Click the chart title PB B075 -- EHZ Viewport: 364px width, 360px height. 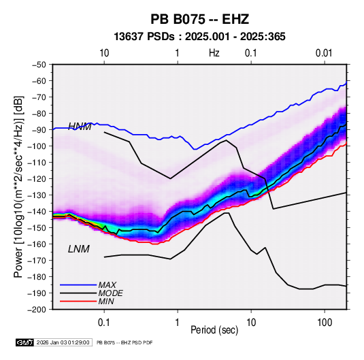(199, 19)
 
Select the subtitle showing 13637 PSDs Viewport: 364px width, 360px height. (199, 37)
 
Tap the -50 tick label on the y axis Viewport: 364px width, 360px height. (39, 65)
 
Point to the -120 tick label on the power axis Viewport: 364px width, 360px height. (37, 179)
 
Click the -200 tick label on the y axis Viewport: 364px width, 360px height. (37, 310)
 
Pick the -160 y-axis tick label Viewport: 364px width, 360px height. (37, 244)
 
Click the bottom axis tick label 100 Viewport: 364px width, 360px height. (325, 323)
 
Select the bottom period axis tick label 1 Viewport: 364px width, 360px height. (178, 323)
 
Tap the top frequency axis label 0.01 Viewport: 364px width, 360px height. (324, 53)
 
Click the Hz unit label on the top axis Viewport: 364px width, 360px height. (214, 53)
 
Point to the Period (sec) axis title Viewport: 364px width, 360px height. (214, 330)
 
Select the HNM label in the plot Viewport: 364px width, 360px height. (80, 126)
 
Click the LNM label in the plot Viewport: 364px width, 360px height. (79, 249)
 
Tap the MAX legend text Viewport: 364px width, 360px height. (107, 284)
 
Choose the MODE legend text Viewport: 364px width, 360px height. (110, 293)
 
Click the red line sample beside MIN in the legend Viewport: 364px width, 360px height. (78, 301)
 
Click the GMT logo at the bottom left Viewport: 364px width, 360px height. (24, 342)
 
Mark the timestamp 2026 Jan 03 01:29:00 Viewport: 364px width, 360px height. (63, 342)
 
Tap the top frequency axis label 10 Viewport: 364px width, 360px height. (104, 53)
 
